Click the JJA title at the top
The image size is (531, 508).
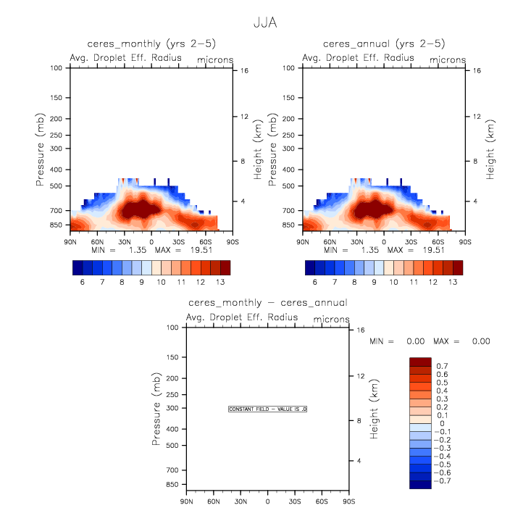[265, 22]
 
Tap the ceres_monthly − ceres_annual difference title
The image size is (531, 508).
[267, 303]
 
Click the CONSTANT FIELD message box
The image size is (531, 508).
[268, 409]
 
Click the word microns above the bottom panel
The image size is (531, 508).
[332, 319]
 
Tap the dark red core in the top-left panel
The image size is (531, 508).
[134, 210]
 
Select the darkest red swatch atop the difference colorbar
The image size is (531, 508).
[420, 361]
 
